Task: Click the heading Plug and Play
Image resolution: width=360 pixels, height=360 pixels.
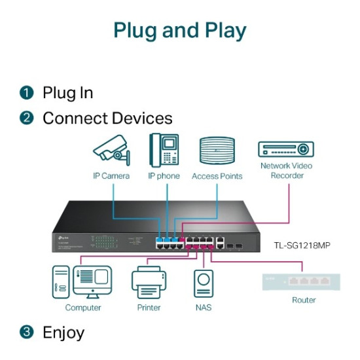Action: pyautogui.click(x=180, y=31)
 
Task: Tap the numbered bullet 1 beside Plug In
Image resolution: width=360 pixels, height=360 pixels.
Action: pyautogui.click(x=26, y=93)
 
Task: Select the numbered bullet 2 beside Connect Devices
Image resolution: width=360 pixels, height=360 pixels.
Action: pyautogui.click(x=26, y=118)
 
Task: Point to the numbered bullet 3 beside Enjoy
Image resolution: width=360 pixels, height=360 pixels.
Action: pyautogui.click(x=26, y=333)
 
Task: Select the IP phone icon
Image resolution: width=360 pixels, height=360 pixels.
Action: pyautogui.click(x=164, y=149)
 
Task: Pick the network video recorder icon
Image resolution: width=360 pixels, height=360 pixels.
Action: pyautogui.click(x=286, y=149)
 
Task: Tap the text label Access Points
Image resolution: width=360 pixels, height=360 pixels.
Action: pyautogui.click(x=217, y=176)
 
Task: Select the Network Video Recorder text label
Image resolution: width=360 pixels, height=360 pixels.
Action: pyautogui.click(x=286, y=171)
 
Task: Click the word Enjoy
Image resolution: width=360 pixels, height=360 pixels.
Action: pyautogui.click(x=63, y=333)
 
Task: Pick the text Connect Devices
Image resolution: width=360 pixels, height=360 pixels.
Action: pyautogui.click(x=107, y=118)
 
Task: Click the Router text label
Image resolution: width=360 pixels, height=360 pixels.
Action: pyautogui.click(x=304, y=300)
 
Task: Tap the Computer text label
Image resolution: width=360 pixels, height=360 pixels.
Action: pyautogui.click(x=83, y=308)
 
